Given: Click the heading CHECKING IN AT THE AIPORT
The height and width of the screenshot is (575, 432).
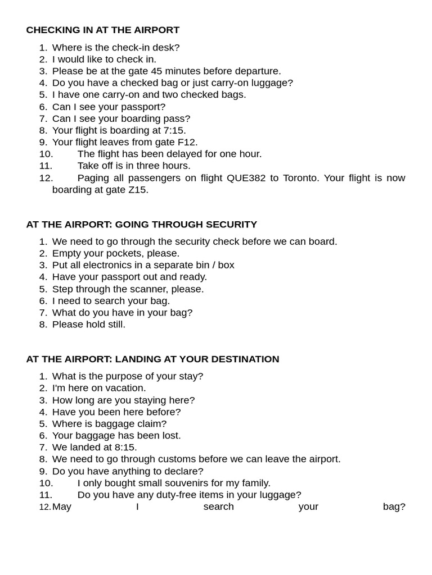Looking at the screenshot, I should (103, 30).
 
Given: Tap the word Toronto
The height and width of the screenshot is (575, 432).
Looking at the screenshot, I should (300, 178).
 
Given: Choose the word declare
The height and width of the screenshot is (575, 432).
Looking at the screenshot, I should (185, 471).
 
